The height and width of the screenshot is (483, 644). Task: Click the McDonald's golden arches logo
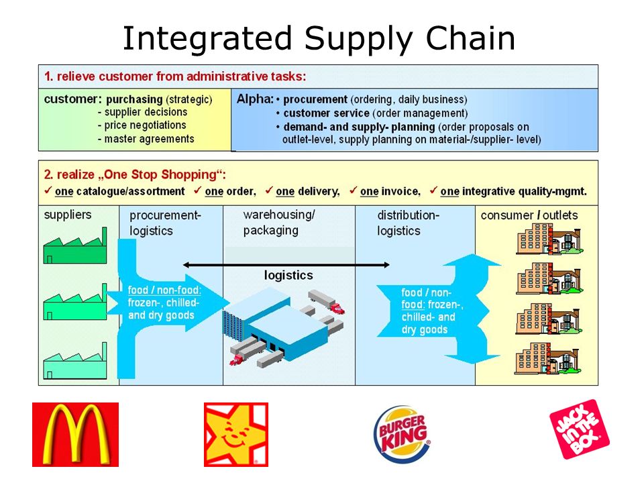[x=75, y=435]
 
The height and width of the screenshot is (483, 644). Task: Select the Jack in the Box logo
[x=580, y=429]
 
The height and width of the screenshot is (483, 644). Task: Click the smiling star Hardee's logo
[x=236, y=435]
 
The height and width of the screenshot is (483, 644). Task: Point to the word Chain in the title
[x=470, y=38]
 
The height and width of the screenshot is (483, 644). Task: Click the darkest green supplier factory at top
[x=75, y=246]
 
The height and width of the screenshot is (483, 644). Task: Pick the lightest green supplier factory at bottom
[x=75, y=361]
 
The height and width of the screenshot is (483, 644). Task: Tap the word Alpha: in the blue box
[x=255, y=99]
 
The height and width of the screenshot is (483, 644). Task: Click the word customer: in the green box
[x=72, y=99]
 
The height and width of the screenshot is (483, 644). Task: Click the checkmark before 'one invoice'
[x=353, y=190]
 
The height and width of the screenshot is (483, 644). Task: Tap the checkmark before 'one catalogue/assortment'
[x=48, y=190]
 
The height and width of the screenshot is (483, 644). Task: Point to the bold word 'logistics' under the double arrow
[x=288, y=275]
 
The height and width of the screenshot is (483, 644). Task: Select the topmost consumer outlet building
[x=549, y=239]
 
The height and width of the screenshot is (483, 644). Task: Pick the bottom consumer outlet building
[x=549, y=358]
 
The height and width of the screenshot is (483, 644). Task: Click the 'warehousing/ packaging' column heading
[x=279, y=223]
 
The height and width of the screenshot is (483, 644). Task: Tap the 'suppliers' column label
[x=68, y=215]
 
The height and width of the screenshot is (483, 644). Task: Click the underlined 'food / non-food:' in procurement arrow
[x=164, y=290]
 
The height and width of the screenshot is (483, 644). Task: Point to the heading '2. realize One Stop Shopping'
[x=135, y=174]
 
